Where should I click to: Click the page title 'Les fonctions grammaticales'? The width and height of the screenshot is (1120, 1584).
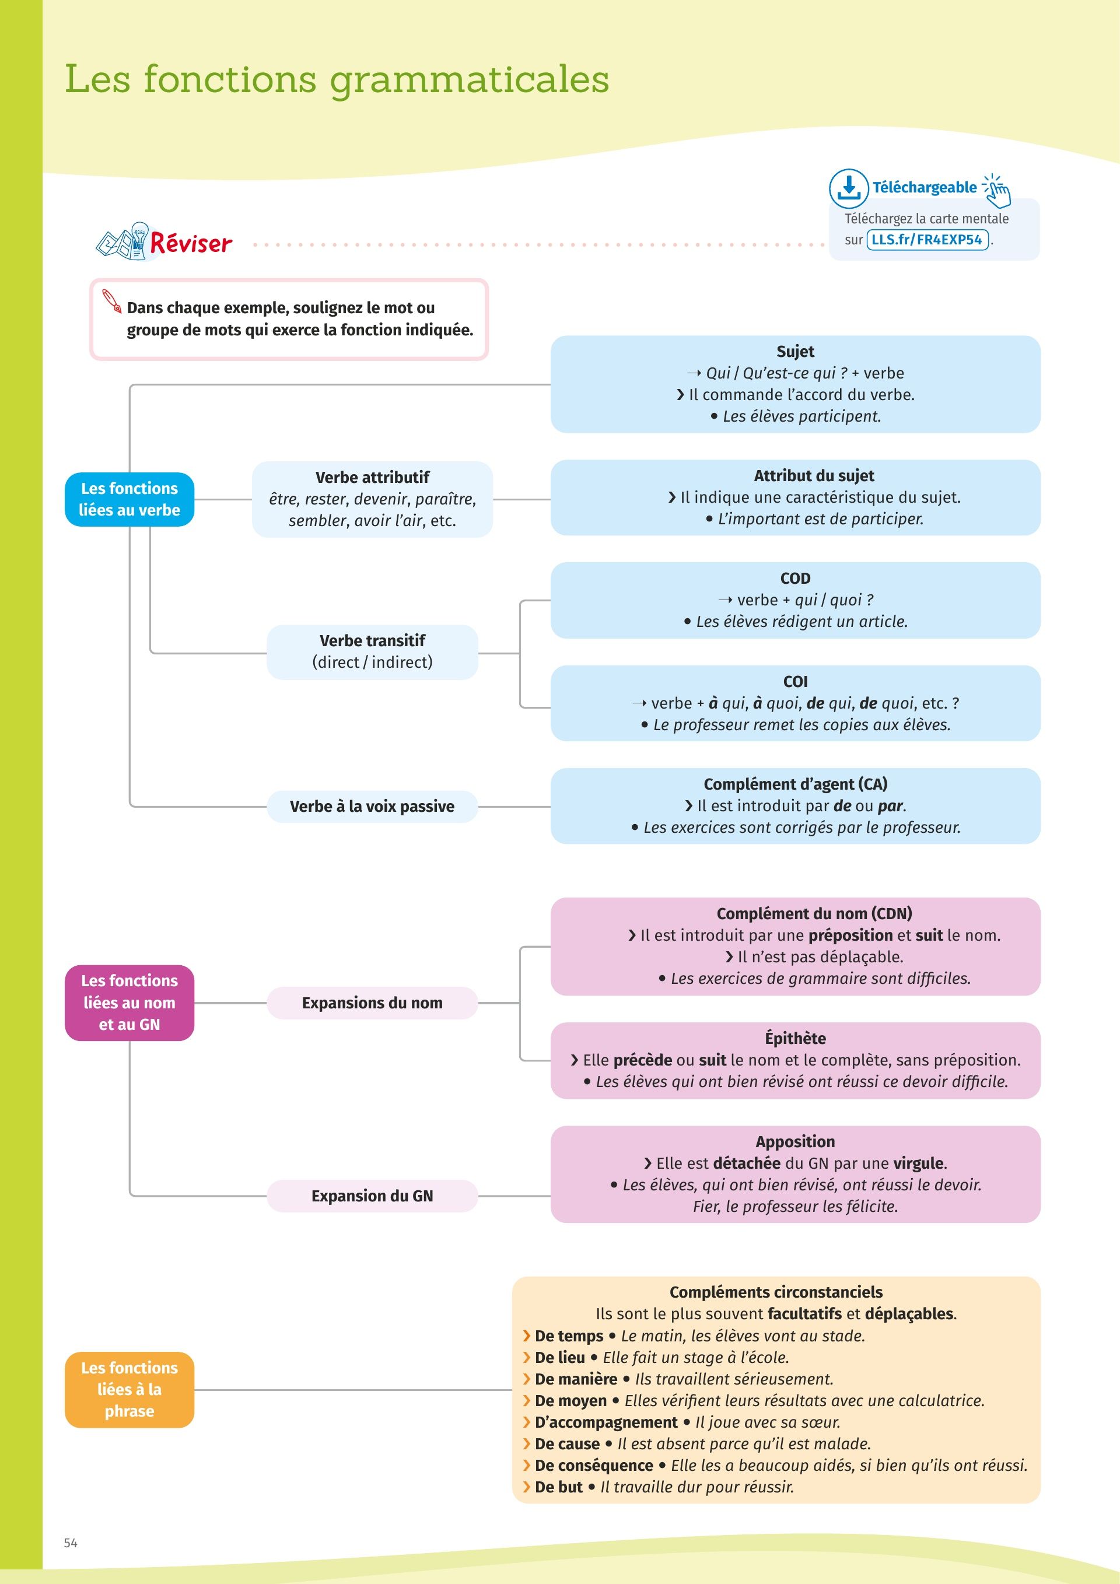point(337,80)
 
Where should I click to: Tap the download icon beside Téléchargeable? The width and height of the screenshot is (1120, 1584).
point(848,188)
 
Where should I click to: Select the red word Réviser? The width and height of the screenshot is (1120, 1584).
point(191,242)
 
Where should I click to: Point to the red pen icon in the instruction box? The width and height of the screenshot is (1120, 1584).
point(112,301)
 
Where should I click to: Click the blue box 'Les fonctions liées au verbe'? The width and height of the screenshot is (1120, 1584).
point(129,499)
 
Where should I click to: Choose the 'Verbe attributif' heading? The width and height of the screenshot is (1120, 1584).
point(373,478)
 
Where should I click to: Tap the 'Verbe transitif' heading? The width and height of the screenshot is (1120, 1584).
point(373,640)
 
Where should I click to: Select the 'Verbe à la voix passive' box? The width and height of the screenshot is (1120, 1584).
point(373,807)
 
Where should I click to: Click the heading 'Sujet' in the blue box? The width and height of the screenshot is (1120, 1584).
point(795,352)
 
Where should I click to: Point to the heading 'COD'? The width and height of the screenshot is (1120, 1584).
point(795,578)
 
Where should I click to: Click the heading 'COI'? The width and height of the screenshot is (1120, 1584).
point(795,682)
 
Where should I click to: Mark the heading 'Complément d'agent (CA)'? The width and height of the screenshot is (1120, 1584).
point(795,784)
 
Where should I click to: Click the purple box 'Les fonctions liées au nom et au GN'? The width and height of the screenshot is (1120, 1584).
point(129,1003)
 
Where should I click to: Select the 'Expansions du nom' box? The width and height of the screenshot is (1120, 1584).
point(373,1003)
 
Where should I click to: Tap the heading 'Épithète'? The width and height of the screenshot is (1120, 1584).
point(795,1038)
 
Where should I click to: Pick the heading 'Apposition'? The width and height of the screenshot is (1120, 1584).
point(795,1142)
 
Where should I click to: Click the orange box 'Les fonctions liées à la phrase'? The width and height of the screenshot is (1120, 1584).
point(129,1389)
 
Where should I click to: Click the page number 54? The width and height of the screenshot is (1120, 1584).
point(71,1543)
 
